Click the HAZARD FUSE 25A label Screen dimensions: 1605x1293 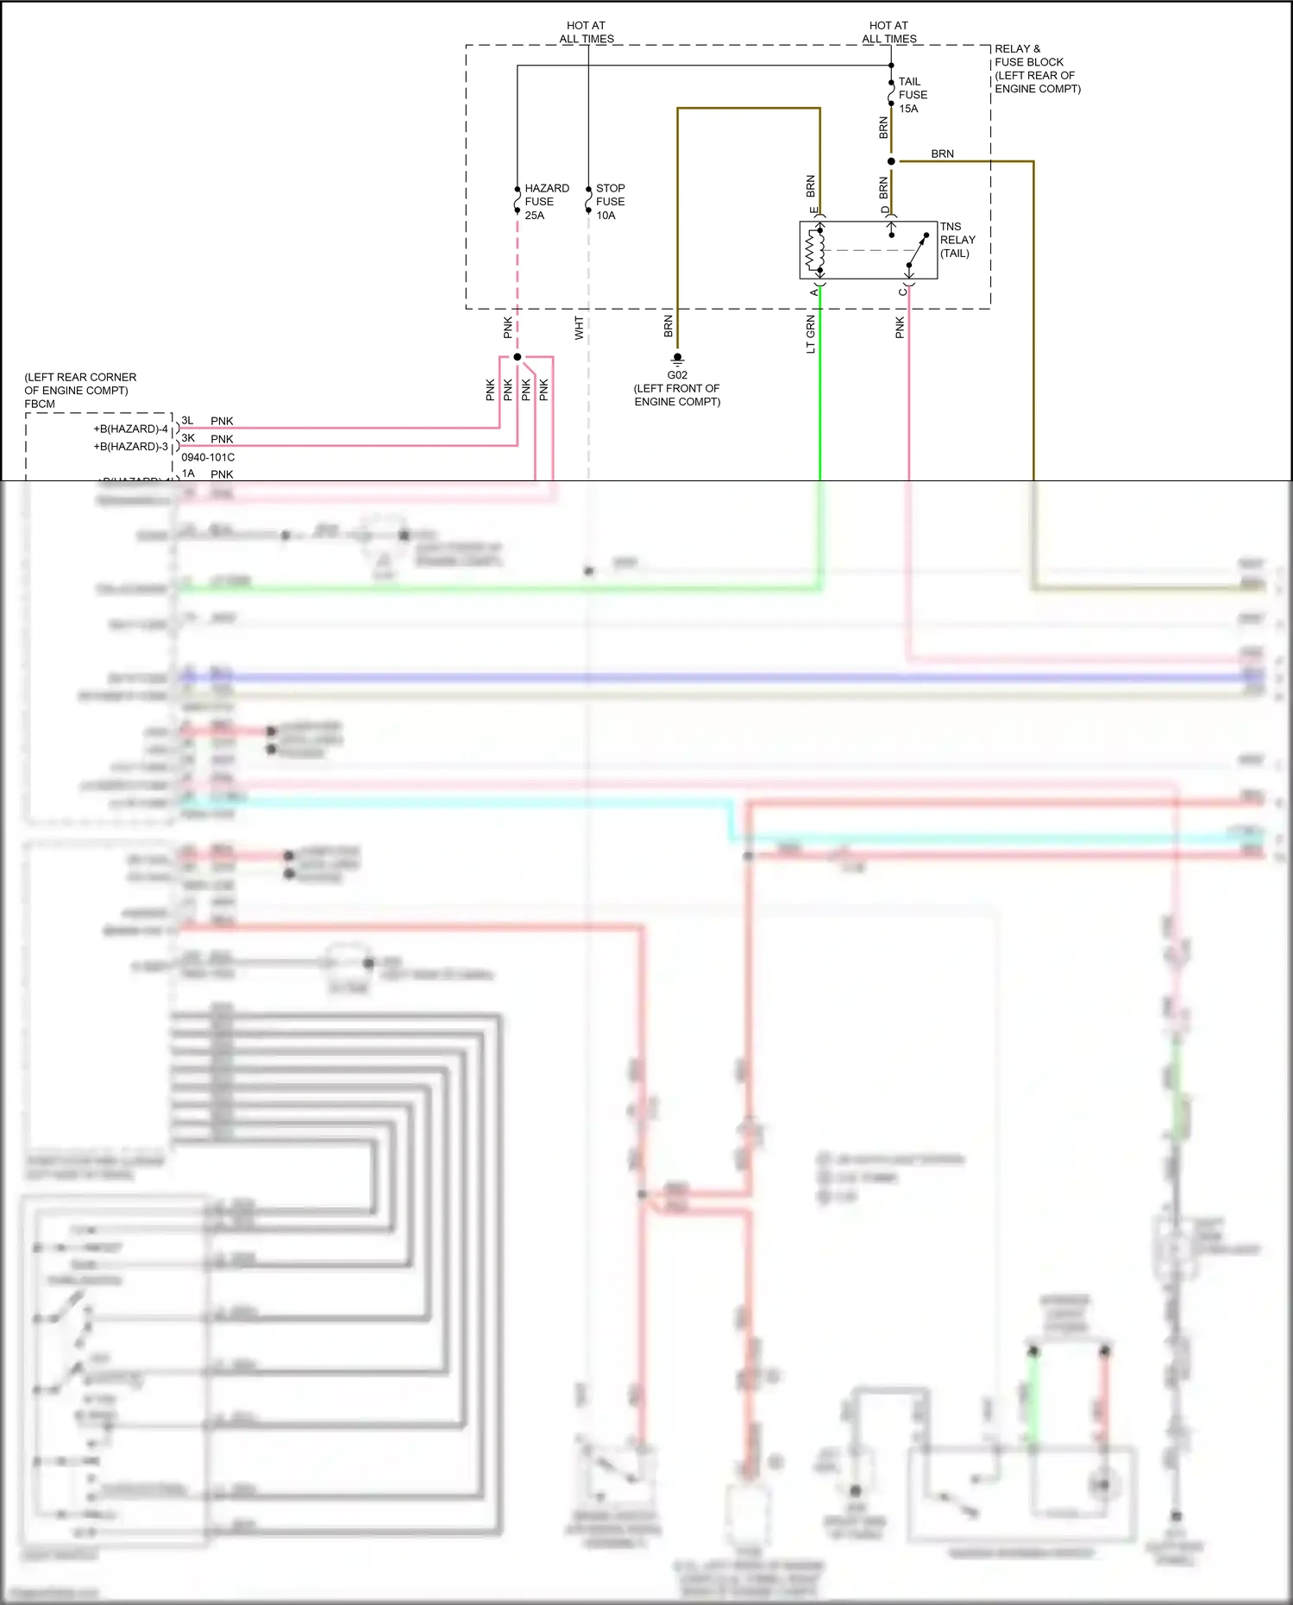(x=545, y=202)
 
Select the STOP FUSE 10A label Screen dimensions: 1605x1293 (x=610, y=202)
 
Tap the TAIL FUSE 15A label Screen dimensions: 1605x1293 (x=912, y=95)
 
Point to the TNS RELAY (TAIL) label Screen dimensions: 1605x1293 (x=957, y=240)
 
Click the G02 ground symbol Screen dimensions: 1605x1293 (x=677, y=357)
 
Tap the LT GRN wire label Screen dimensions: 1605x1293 (x=810, y=335)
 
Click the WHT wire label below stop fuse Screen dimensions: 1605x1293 (x=579, y=328)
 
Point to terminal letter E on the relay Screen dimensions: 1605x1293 (x=813, y=210)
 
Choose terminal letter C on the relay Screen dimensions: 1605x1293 (x=902, y=292)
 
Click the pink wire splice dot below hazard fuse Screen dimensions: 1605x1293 (x=518, y=357)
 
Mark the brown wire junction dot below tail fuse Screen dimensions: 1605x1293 (x=891, y=161)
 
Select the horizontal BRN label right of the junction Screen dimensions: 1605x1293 (x=942, y=154)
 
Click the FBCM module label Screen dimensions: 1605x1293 (x=40, y=404)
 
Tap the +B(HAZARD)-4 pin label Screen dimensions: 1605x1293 (x=130, y=429)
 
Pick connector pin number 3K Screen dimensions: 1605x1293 (x=188, y=438)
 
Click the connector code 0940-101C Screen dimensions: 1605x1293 (x=208, y=457)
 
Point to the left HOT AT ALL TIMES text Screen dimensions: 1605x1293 (x=587, y=32)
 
